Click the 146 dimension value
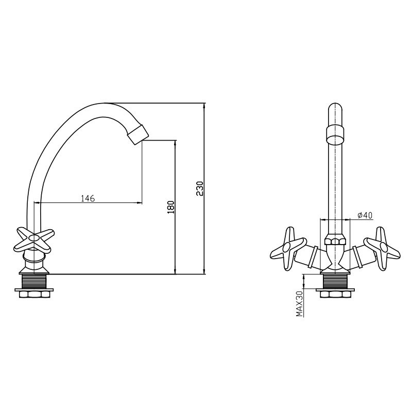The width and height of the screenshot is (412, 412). [x=88, y=198]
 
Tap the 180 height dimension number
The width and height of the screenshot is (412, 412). [x=171, y=207]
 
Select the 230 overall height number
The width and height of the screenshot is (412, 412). [x=200, y=188]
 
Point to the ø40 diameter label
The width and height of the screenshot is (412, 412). [x=365, y=215]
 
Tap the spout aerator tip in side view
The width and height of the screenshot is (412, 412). [x=138, y=134]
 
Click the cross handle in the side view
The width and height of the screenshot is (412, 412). [x=33, y=239]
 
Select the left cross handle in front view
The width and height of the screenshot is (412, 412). [x=288, y=248]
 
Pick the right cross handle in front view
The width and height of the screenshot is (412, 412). [x=382, y=248]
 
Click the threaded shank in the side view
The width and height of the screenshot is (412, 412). [x=34, y=281]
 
